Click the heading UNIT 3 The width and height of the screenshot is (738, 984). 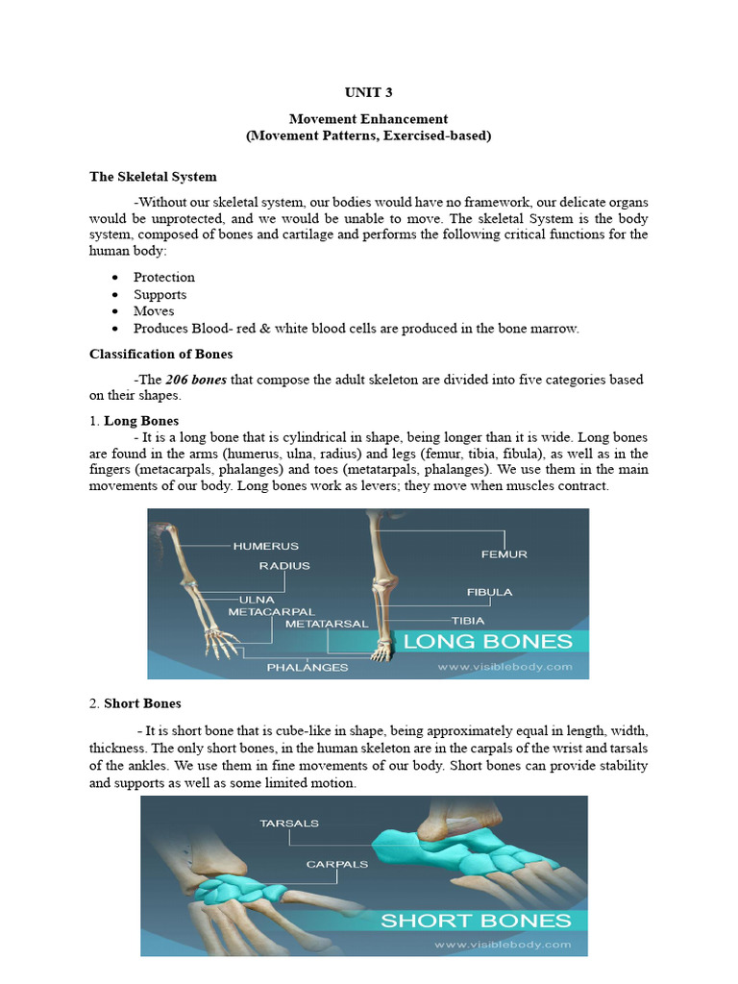[368, 93]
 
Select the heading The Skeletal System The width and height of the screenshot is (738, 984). [153, 177]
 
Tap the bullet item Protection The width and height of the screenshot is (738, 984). [164, 278]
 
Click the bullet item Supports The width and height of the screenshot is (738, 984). [160, 295]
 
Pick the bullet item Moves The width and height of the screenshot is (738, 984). [154, 311]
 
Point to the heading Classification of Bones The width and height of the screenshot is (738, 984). [160, 355]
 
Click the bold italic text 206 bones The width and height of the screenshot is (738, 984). [196, 380]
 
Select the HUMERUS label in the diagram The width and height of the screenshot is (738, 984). [265, 546]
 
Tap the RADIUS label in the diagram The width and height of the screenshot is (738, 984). [284, 566]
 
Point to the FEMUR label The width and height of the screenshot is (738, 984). [504, 553]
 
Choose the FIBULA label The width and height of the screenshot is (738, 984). [489, 592]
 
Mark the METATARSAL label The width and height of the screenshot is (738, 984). [327, 624]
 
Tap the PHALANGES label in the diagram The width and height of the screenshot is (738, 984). [307, 667]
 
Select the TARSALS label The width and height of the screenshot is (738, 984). [289, 824]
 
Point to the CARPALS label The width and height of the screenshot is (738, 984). [337, 864]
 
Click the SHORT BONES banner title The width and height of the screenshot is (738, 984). [475, 921]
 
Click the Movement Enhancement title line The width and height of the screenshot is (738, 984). [368, 119]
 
